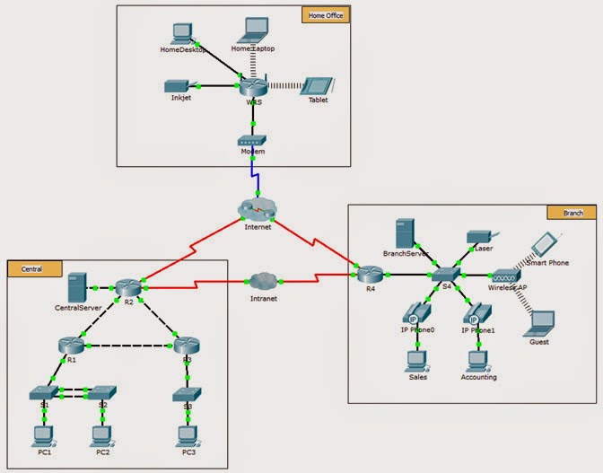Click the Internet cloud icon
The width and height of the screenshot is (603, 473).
click(258, 209)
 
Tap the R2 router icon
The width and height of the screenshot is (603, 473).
click(126, 288)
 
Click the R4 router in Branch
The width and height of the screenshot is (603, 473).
click(367, 274)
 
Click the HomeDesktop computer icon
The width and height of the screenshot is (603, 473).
click(182, 34)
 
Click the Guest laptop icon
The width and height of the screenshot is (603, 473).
click(541, 322)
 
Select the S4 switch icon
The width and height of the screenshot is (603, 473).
click(445, 273)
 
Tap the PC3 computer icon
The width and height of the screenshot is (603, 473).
click(188, 434)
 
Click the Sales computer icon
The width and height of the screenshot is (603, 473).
click(415, 360)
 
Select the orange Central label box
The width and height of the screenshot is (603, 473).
click(35, 268)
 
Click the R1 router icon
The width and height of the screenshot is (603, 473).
click(70, 344)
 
